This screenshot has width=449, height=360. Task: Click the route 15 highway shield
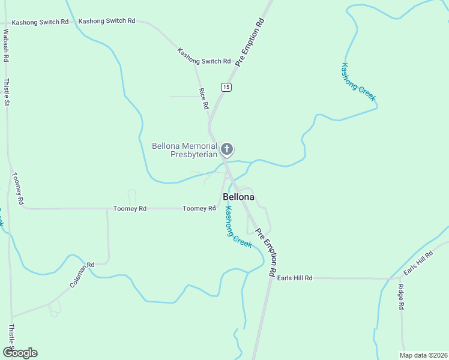pos(226,87)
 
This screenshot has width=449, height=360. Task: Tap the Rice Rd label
pos(204,98)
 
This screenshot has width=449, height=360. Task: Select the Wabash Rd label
pos(6,46)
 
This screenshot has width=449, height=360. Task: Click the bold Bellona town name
pos(238,197)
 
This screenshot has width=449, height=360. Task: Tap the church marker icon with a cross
pos(227,149)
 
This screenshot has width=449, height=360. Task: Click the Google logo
pos(20,353)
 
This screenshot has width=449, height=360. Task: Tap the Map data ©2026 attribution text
pos(423,355)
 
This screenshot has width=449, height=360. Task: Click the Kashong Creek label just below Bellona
pos(238,227)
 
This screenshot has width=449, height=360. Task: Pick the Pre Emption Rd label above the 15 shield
pos(250,42)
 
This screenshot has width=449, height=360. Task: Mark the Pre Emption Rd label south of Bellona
pos(265,252)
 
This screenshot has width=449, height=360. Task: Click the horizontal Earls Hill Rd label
pos(295,278)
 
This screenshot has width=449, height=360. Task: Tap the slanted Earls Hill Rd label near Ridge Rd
pos(418,263)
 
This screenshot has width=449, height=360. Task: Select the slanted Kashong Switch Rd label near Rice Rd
pos(204,57)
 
